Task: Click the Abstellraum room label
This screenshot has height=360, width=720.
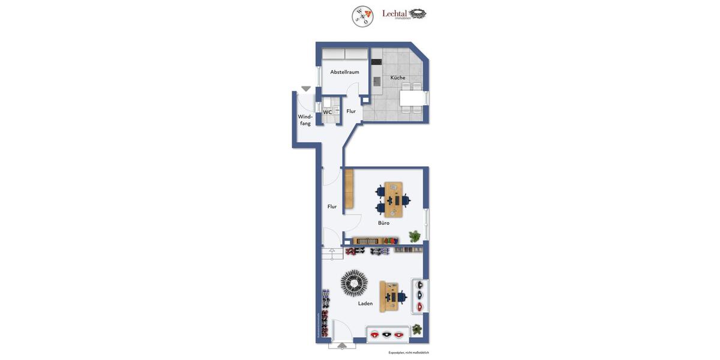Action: pyautogui.click(x=344, y=72)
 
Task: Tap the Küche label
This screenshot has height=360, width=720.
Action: pyautogui.click(x=398, y=77)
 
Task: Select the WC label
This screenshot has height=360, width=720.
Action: pyautogui.click(x=328, y=112)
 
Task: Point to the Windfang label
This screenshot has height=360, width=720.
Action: pyautogui.click(x=305, y=120)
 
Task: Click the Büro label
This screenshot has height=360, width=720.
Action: pyautogui.click(x=383, y=223)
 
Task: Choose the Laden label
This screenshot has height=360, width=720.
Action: pyautogui.click(x=365, y=304)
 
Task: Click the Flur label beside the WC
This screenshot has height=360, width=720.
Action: pyautogui.click(x=351, y=111)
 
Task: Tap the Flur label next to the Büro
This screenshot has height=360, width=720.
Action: pyautogui.click(x=332, y=206)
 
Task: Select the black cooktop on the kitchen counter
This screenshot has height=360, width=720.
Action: pyautogui.click(x=376, y=62)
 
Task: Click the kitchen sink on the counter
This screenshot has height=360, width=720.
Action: pyautogui.click(x=377, y=81)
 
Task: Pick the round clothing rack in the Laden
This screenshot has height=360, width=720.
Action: pyautogui.click(x=354, y=283)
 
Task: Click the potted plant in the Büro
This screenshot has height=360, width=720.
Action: pyautogui.click(x=415, y=236)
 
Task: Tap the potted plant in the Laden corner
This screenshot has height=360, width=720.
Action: pyautogui.click(x=416, y=329)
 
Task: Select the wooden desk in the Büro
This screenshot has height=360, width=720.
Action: pyautogui.click(x=394, y=199)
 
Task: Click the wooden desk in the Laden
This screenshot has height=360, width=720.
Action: pyautogui.click(x=389, y=296)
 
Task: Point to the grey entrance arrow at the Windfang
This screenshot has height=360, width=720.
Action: pyautogui.click(x=306, y=89)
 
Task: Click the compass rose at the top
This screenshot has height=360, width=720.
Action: pyautogui.click(x=362, y=16)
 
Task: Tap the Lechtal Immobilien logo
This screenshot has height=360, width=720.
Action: pyautogui.click(x=404, y=14)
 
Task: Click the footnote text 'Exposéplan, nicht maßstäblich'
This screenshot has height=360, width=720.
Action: pyautogui.click(x=408, y=353)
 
